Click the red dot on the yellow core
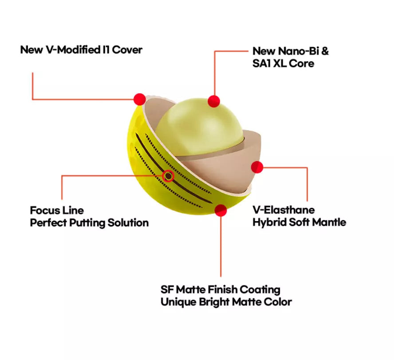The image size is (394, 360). click(214, 101)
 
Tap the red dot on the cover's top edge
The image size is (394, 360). click(140, 99)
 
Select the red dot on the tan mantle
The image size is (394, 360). click(257, 167)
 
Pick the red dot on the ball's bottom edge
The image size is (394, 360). click(221, 210)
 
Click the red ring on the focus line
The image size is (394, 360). click(168, 176)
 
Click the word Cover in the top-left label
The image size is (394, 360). click(127, 50)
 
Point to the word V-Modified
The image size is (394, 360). click(73, 50)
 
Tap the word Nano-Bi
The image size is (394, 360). click(299, 51)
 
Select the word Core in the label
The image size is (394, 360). click(302, 63)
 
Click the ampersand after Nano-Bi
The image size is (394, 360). click(325, 51)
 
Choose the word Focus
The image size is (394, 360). click(44, 210)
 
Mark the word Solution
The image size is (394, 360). click(128, 223)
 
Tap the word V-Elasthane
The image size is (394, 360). click(284, 210)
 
